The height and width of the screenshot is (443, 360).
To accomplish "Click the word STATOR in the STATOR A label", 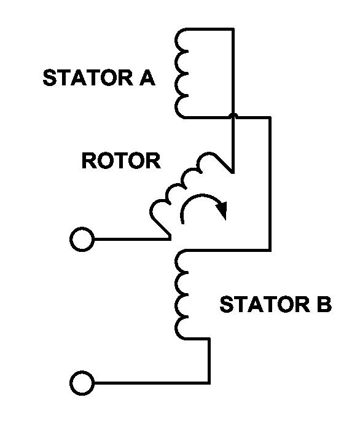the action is [88, 77].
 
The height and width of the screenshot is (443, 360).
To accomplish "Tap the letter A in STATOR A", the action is [147, 77].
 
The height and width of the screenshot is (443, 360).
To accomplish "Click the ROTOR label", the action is [121, 160].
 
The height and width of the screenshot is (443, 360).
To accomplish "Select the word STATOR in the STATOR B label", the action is [265, 304].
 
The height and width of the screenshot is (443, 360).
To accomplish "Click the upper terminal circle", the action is [82, 239].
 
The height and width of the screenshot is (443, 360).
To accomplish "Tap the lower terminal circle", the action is [82, 383].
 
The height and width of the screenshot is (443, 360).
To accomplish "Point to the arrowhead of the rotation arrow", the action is [222, 210].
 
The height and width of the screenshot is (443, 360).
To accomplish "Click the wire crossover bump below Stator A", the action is [233, 116].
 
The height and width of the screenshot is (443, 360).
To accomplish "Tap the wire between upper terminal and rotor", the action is [133, 239].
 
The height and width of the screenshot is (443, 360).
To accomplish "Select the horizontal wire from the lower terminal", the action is [152, 383].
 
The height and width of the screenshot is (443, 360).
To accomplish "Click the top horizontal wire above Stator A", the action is [209, 29].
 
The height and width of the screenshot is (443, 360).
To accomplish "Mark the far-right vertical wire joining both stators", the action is [270, 184].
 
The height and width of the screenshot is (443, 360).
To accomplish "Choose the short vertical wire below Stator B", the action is [209, 361].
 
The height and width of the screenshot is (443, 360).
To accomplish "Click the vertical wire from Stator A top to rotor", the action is [233, 100].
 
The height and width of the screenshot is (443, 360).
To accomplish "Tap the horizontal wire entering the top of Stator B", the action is [227, 250].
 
